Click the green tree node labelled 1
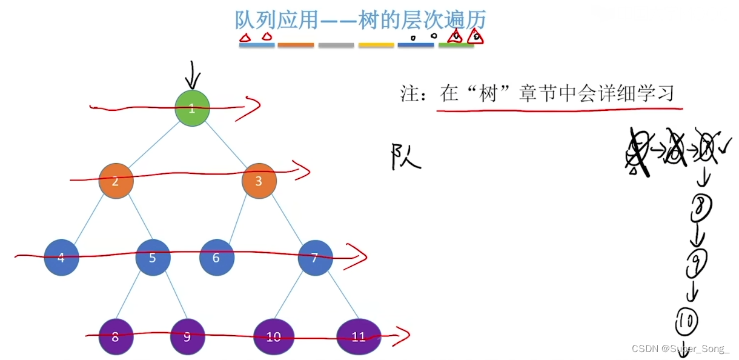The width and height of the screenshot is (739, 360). click(x=192, y=108)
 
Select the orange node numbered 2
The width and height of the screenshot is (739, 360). click(x=116, y=181)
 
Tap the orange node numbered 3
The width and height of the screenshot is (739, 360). click(x=259, y=181)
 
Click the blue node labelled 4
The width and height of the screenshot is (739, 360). click(x=61, y=258)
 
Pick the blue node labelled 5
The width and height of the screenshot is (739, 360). click(x=153, y=258)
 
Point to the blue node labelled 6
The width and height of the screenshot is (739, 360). click(x=216, y=258)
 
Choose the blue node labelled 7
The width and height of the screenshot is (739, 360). click(x=315, y=258)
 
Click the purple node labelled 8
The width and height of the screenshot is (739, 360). click(x=116, y=336)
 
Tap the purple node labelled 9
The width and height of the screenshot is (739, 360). click(x=187, y=336)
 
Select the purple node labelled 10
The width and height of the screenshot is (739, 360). click(x=274, y=336)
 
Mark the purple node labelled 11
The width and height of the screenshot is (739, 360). click(x=359, y=336)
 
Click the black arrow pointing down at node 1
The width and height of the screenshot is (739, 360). click(x=193, y=76)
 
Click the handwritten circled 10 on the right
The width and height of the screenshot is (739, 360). click(x=686, y=321)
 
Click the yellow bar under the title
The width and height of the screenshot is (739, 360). click(x=376, y=45)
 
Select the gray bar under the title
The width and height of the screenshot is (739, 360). click(x=336, y=45)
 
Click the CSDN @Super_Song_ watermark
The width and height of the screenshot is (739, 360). click(x=680, y=348)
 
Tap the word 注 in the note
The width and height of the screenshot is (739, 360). click(x=410, y=94)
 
